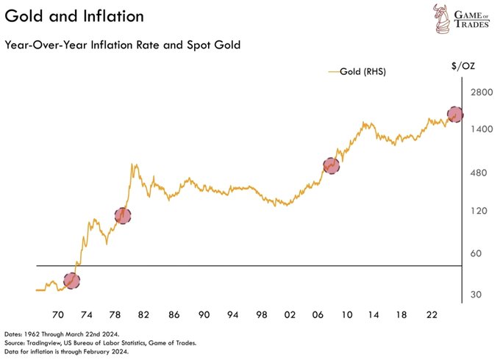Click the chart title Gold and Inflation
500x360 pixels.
pos(66,16)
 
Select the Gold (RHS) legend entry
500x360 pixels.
pos(357,72)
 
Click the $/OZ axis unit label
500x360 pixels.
pos(463,66)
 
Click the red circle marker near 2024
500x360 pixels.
pos(455,115)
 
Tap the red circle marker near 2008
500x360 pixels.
pos(332,166)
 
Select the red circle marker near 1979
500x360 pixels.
pos(123,215)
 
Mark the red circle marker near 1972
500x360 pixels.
pos(71,280)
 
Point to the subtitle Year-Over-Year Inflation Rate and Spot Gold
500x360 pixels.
pos(123,45)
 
